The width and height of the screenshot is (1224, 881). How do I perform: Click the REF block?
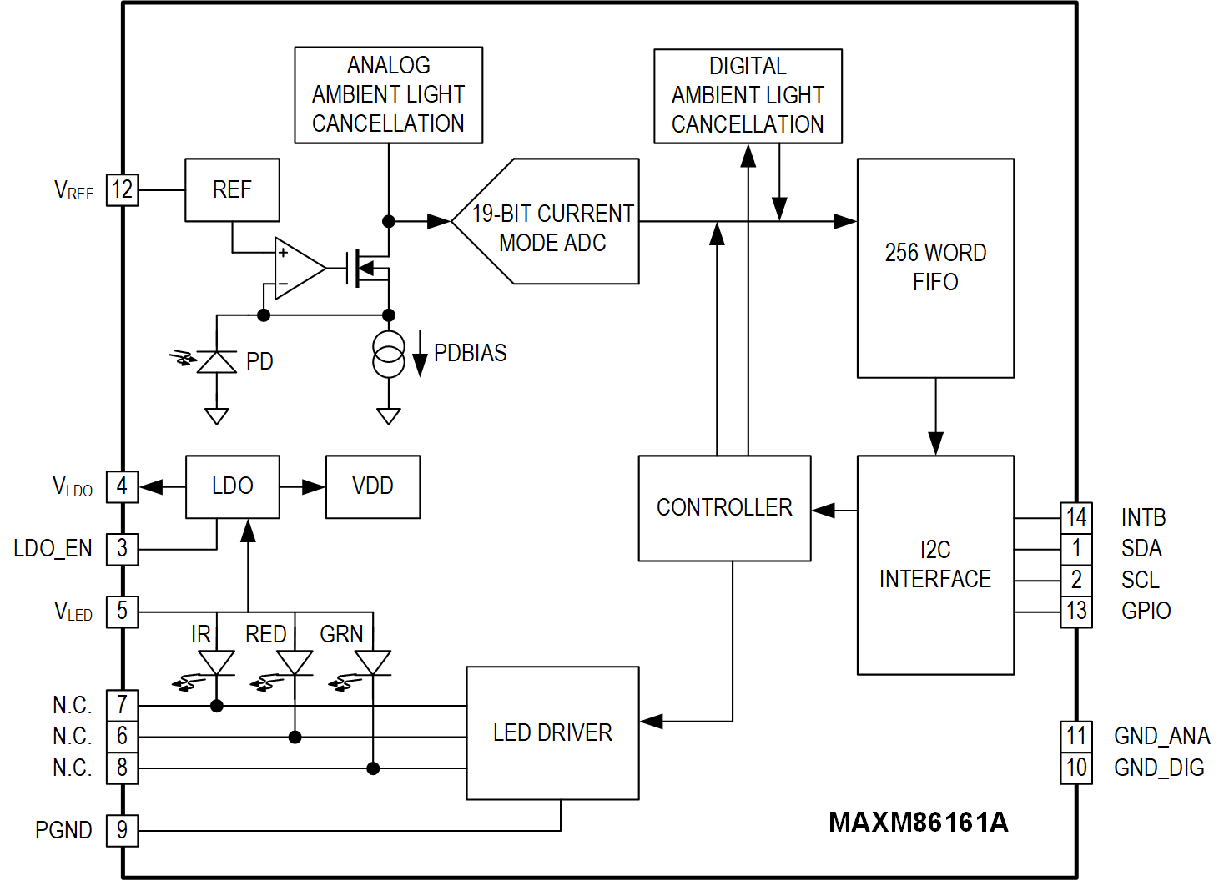[232, 190]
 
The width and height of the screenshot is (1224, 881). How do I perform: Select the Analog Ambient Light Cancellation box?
[388, 95]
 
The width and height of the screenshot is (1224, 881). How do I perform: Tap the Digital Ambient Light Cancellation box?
[748, 96]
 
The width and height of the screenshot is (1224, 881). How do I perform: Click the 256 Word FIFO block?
[935, 268]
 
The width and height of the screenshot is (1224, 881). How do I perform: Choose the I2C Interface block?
[935, 565]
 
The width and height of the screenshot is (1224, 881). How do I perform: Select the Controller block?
[724, 508]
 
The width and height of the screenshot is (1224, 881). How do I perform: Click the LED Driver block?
[552, 733]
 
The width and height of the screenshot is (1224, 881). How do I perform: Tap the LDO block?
[232, 486]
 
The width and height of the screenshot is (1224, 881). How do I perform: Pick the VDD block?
[372, 486]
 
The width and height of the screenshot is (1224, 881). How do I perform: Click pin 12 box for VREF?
[122, 190]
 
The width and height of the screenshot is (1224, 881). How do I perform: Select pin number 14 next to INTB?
[1075, 518]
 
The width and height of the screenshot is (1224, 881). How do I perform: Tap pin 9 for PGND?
[122, 831]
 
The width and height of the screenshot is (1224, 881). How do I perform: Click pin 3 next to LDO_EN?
[122, 549]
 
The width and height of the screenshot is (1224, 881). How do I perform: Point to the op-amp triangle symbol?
[298, 269]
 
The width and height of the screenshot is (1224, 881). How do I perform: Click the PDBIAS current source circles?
[389, 354]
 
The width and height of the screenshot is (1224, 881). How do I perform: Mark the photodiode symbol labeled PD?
[217, 362]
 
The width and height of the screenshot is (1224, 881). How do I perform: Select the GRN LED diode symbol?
[373, 662]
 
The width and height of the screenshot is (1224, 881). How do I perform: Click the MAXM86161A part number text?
[918, 823]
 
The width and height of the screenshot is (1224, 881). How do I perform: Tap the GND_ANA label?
[1161, 737]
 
